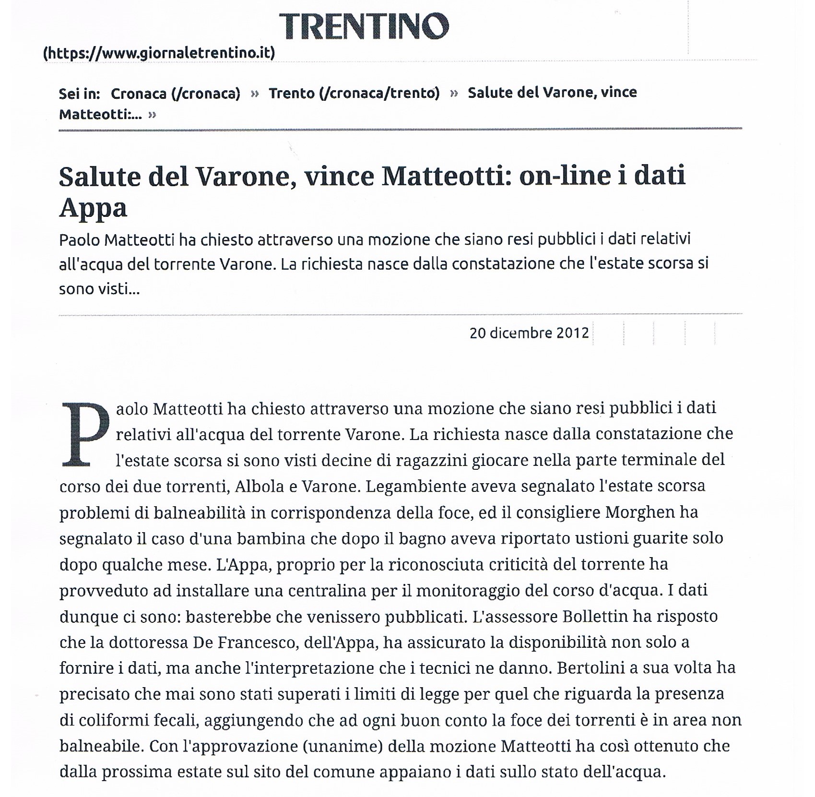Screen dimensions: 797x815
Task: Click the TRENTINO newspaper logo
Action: pos(364,26)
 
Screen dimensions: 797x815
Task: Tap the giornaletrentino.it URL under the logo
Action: pos(159,53)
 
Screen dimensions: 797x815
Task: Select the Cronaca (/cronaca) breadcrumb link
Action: pos(175,94)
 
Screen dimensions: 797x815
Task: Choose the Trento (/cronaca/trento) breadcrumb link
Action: pos(354,93)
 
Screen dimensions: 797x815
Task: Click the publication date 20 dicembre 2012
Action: pos(529,333)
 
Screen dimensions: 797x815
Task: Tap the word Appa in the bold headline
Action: pos(93,208)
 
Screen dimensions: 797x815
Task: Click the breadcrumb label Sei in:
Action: pos(79,94)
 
